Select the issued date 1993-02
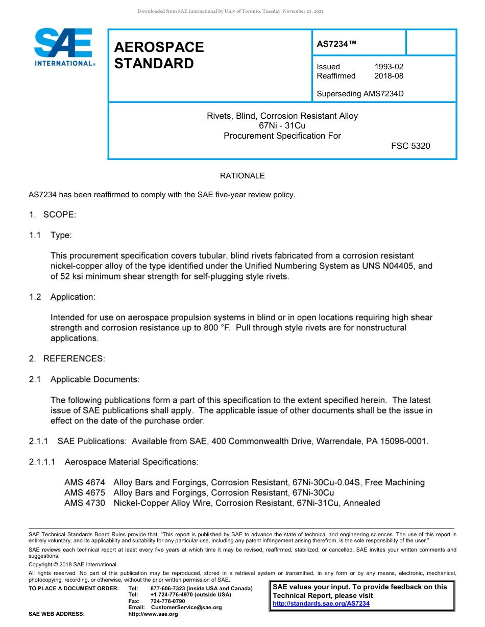[x=389, y=67]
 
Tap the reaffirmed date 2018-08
[x=389, y=76]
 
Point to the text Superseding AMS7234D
[x=360, y=94]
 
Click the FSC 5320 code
[x=410, y=146]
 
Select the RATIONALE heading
[x=242, y=176]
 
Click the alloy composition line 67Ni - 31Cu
[x=282, y=126]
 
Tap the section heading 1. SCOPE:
[x=53, y=215]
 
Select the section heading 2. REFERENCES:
[x=67, y=359]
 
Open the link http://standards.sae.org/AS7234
[x=321, y=604]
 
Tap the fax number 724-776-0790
[x=168, y=602]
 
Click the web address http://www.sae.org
[x=153, y=614]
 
